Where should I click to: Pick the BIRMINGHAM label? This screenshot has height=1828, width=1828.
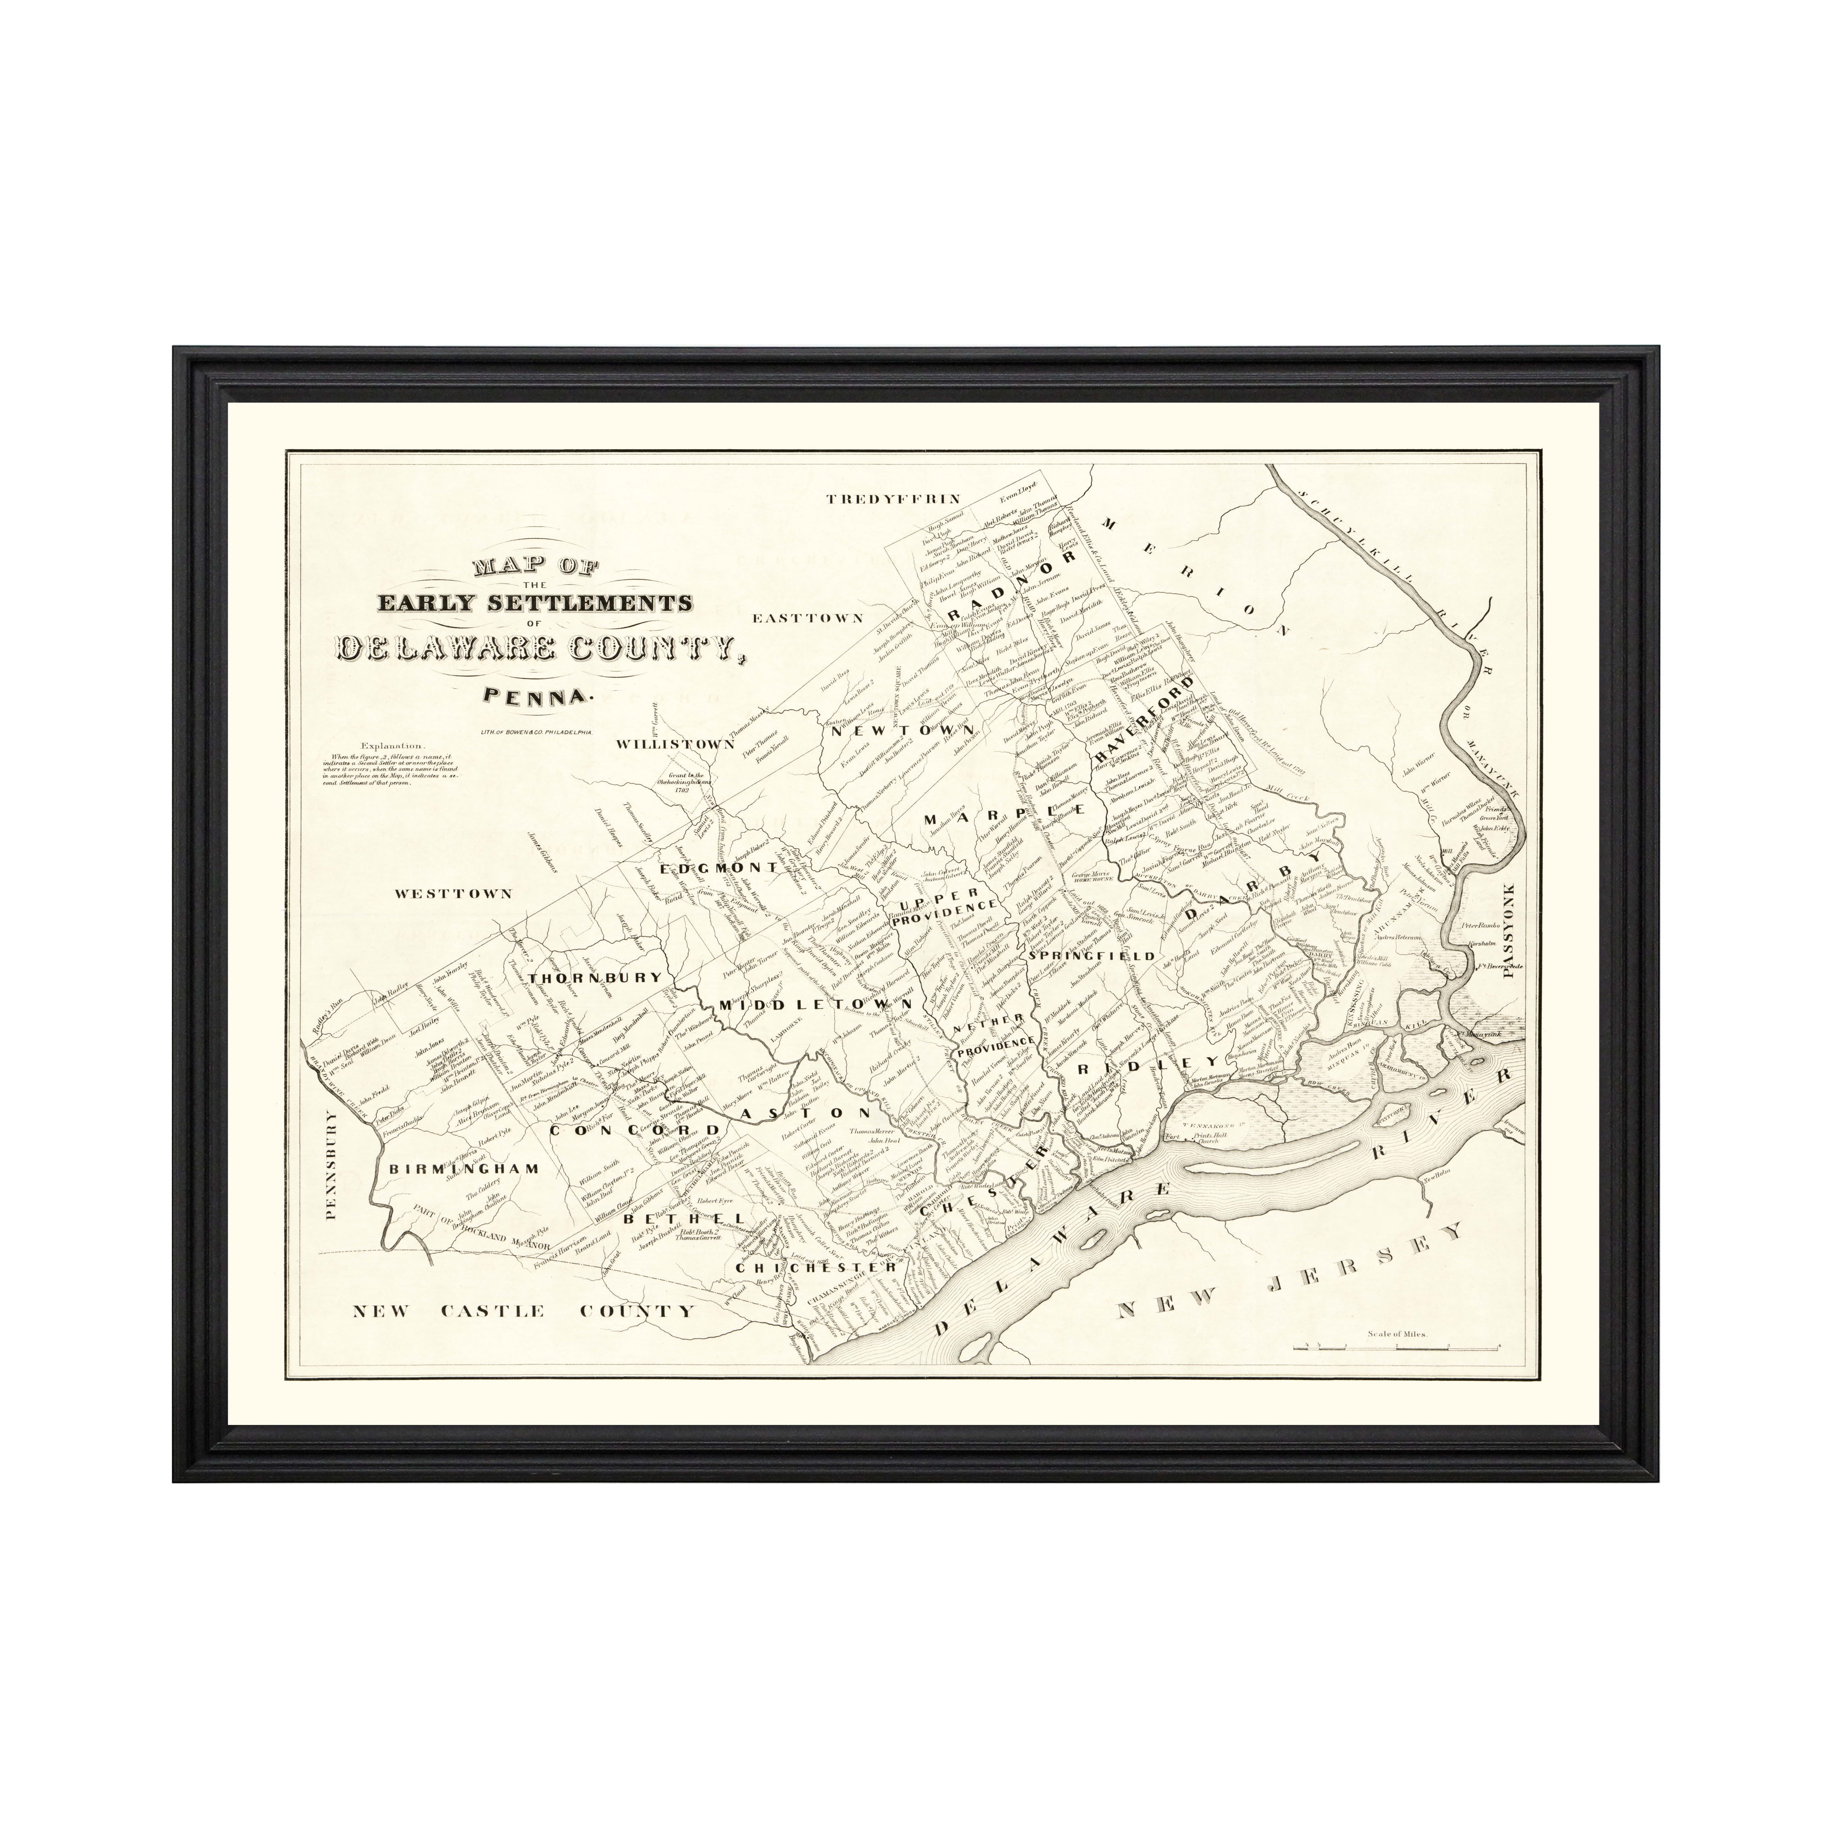(x=463, y=1169)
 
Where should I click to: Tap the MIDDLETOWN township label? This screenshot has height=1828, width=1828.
(x=816, y=1004)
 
